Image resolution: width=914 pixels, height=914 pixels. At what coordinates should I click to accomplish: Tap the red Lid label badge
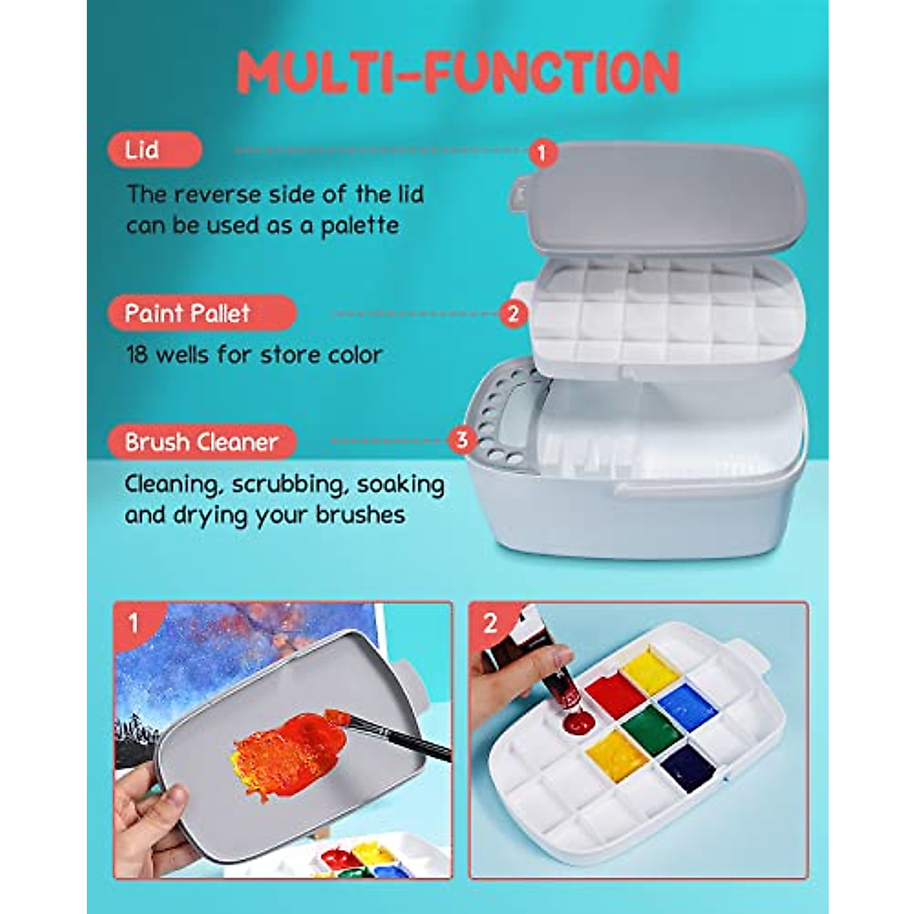tap(155, 150)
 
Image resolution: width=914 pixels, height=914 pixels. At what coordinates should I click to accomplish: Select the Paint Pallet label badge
tap(201, 313)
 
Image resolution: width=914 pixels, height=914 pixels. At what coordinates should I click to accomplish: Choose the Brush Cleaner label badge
tap(202, 442)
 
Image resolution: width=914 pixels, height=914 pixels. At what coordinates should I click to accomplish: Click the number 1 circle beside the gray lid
tap(542, 152)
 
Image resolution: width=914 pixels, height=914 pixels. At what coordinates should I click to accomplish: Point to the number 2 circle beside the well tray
tap(513, 313)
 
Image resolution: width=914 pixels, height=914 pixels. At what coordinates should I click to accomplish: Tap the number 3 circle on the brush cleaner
tap(462, 439)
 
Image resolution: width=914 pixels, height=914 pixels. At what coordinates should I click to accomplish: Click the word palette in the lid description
tap(360, 226)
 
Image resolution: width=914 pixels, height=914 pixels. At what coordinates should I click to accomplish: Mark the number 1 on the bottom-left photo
tap(134, 623)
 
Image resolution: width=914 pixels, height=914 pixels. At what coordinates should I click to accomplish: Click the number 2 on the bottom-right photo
tap(490, 623)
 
